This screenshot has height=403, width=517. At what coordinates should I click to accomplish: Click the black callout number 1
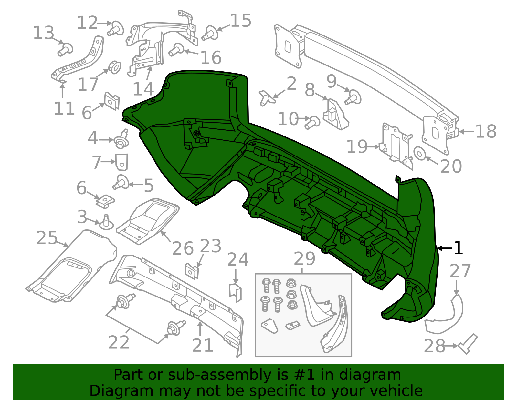[x=459, y=248]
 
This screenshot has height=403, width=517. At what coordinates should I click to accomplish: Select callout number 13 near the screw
[x=44, y=33]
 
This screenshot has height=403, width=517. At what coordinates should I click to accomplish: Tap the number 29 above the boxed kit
[x=304, y=259]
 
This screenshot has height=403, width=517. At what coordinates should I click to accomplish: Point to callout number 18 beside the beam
[x=486, y=132]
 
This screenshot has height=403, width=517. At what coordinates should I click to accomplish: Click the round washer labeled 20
[x=419, y=154]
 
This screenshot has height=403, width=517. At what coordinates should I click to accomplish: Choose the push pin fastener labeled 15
[x=210, y=33]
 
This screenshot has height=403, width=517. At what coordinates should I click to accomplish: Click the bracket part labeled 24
[x=236, y=292]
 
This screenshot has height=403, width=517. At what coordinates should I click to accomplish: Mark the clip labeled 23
[x=192, y=271]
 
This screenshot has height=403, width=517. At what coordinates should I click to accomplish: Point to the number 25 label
[x=47, y=238]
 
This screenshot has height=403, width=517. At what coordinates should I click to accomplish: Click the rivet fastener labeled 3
[x=106, y=223]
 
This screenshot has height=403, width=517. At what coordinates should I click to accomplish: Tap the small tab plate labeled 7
[x=121, y=162]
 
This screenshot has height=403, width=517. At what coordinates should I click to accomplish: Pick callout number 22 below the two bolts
[x=119, y=343]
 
